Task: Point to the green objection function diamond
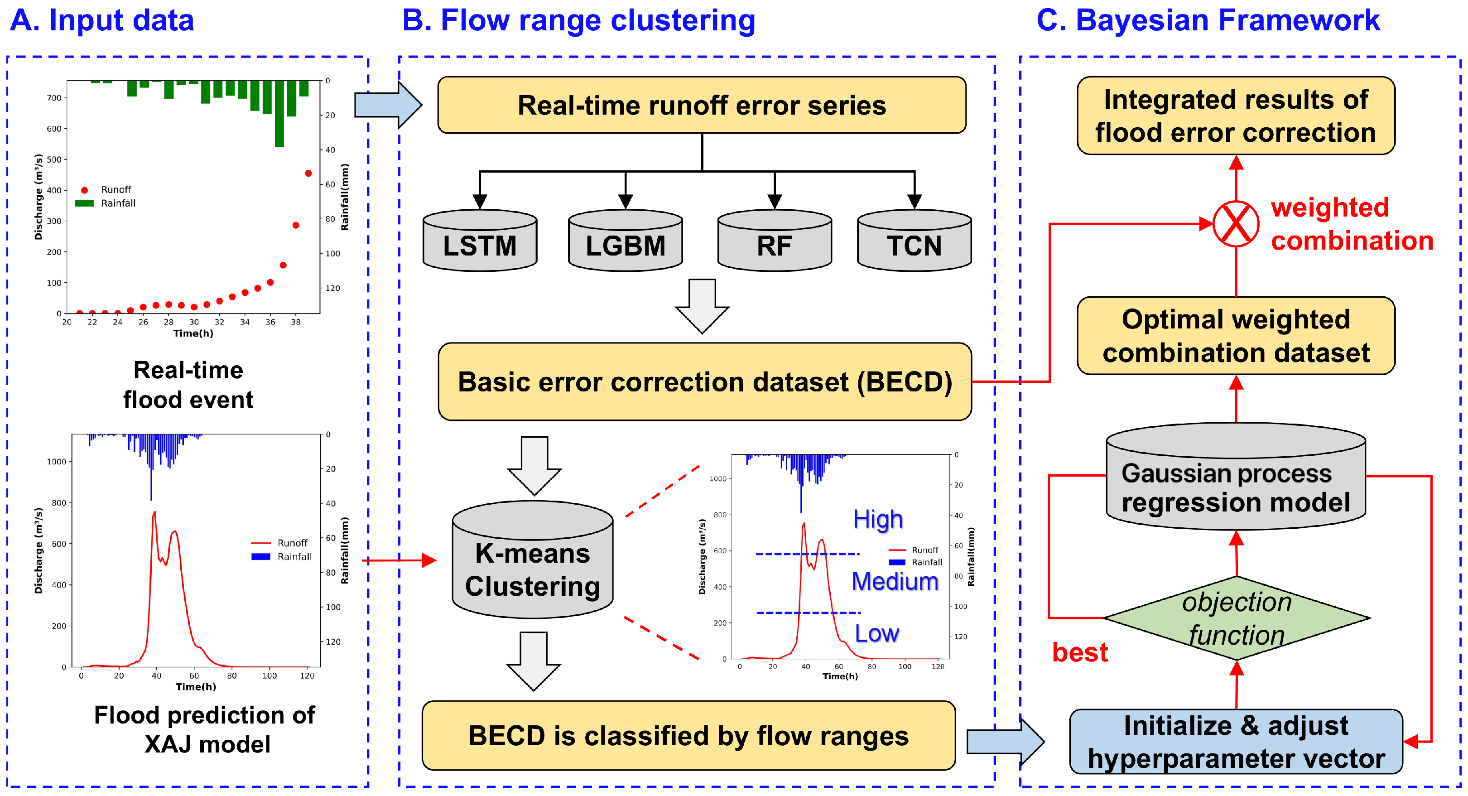tap(1237, 618)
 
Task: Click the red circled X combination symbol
tap(1236, 224)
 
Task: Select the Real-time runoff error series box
tap(702, 106)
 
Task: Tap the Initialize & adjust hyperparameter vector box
tap(1236, 742)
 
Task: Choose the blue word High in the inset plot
tap(878, 520)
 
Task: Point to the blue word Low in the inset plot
tap(876, 633)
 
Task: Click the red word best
tap(1080, 652)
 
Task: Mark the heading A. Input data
tap(102, 20)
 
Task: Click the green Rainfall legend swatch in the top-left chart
tap(84, 203)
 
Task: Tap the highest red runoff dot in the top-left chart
tap(308, 174)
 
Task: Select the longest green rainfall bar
tap(279, 114)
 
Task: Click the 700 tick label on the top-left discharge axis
tap(54, 98)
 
